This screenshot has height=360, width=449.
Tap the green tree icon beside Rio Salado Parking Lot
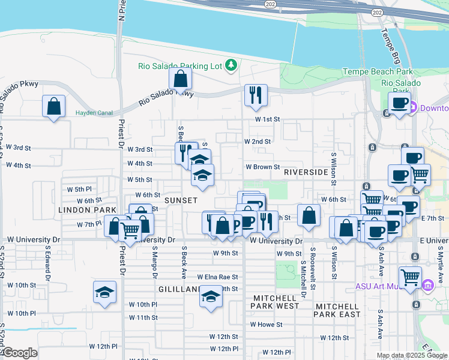tap(231, 65)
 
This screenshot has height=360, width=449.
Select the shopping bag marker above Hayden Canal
tap(54, 106)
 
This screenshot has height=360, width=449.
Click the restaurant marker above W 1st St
tap(256, 95)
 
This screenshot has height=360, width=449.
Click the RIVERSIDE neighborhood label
tap(306, 172)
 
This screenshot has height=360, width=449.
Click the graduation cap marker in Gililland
tap(210, 296)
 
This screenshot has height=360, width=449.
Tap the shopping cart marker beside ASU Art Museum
tap(410, 278)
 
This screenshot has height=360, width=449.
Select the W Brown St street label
tap(263, 167)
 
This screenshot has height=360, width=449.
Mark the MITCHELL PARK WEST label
tap(276, 302)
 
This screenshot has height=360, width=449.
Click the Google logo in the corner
tap(20, 353)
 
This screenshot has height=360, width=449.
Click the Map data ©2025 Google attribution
tap(412, 355)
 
